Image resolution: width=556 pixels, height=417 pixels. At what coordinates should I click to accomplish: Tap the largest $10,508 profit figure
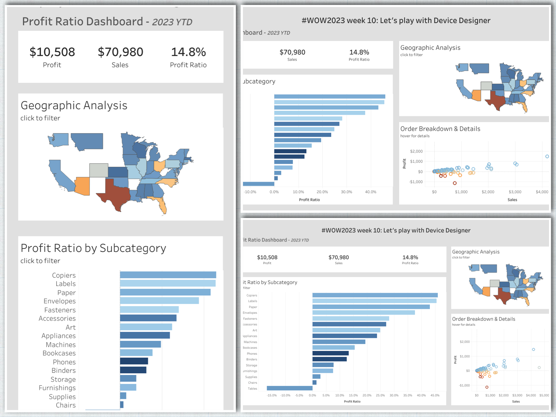coord(52,52)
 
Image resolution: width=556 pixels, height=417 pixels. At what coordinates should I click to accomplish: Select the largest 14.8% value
coord(188,52)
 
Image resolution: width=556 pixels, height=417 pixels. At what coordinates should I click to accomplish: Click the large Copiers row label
coord(64,275)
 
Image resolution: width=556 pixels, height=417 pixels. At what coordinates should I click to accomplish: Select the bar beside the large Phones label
coord(134,361)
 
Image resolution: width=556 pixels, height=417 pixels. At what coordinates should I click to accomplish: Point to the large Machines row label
coord(61,345)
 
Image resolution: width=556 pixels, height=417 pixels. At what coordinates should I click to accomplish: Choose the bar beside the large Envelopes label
coord(159,301)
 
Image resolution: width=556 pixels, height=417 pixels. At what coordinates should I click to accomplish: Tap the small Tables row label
coord(253,389)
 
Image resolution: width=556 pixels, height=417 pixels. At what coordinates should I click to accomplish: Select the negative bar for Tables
coord(289,388)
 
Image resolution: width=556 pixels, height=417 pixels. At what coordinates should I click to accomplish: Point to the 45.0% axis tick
coord(435,395)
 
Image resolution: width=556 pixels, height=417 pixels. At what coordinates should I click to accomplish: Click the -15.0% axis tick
coord(272,395)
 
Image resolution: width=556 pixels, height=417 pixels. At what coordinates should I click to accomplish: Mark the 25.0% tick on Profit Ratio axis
coord(380,395)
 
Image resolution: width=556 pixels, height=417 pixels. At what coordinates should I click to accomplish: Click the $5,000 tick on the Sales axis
coord(544,395)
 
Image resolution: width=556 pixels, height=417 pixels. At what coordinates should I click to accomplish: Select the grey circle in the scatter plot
coord(539,367)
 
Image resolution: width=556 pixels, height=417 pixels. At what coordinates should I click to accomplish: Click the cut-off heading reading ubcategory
coord(259,81)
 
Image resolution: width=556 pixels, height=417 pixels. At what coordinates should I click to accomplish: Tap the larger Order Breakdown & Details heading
coord(440,129)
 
